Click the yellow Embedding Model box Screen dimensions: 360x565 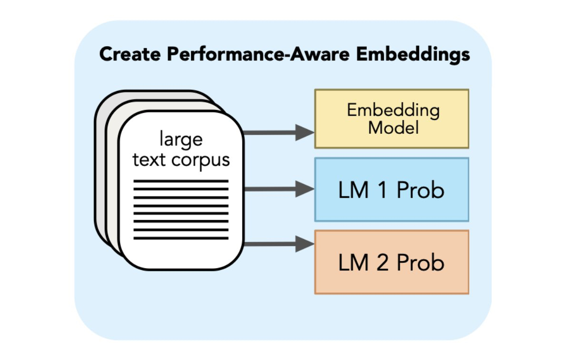pyautogui.click(x=392, y=119)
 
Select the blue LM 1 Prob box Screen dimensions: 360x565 pyautogui.click(x=392, y=190)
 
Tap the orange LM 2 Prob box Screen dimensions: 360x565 pyautogui.click(x=392, y=262)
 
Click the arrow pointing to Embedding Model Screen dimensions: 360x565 pyautogui.click(x=279, y=131)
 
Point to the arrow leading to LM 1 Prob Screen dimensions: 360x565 pyautogui.click(x=279, y=189)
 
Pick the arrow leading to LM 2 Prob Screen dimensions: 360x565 pyautogui.click(x=279, y=244)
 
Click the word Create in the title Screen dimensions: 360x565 pyautogui.click(x=130, y=55)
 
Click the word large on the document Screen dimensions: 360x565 pyautogui.click(x=181, y=140)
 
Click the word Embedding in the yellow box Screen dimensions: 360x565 pyautogui.click(x=393, y=110)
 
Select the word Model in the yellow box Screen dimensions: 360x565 pyautogui.click(x=393, y=128)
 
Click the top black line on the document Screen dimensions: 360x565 pyautogui.click(x=181, y=181)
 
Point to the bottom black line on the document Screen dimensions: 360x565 pyautogui.click(x=181, y=238)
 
